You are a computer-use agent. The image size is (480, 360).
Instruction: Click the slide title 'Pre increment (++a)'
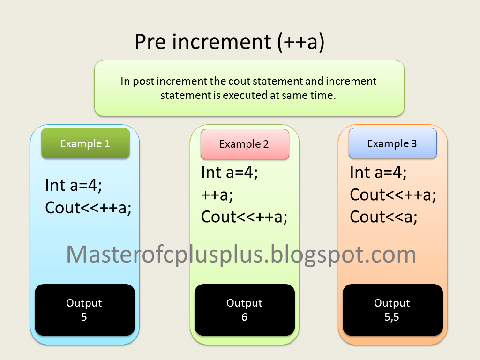coord(230,42)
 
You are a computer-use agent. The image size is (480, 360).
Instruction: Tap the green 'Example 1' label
coord(85,143)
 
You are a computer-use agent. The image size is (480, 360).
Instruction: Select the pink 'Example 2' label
coord(244,144)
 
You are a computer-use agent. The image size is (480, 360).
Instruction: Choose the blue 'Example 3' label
coord(392,143)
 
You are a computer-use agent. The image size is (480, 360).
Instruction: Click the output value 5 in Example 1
coord(84,317)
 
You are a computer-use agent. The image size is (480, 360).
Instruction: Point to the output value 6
coord(244,317)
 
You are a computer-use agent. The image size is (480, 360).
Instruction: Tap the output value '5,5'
coord(392,317)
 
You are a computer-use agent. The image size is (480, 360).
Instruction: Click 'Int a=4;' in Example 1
coord(74,185)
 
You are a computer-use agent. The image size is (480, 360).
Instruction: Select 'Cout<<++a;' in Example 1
coord(88,207)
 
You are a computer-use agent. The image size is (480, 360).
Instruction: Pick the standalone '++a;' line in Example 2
coord(217,195)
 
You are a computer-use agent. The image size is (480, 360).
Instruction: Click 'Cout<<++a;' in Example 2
coord(244,217)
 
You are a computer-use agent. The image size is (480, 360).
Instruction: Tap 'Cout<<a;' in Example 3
coord(383,217)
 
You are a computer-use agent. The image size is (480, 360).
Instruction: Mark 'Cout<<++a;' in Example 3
coord(393,195)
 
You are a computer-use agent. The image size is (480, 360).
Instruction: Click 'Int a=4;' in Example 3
coord(378,172)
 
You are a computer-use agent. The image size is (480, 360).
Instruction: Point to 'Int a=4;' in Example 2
coord(230,172)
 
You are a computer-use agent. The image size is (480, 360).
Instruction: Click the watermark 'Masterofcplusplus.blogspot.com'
coord(241,254)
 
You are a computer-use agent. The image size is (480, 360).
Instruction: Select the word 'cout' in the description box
coord(239,81)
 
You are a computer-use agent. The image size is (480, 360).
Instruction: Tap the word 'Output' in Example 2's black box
coord(244,303)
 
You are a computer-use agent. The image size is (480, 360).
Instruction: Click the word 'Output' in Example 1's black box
coord(84,303)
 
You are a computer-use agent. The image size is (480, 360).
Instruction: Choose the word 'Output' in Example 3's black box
coord(392,303)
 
